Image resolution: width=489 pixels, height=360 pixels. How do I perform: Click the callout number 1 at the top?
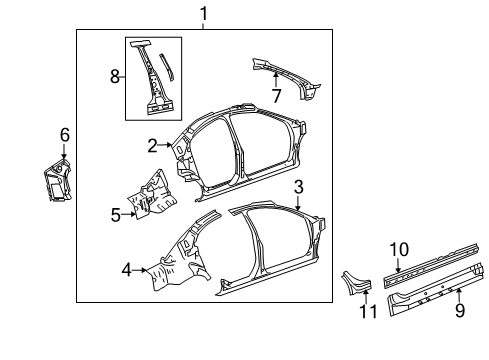click(204, 14)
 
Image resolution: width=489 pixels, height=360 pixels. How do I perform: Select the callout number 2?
click(153, 146)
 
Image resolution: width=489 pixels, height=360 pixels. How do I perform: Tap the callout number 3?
click(298, 187)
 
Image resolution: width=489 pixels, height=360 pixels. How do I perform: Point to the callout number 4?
click(127, 268)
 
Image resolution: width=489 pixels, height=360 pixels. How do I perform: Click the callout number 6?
click(65, 134)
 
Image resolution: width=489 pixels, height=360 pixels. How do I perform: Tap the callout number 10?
click(398, 248)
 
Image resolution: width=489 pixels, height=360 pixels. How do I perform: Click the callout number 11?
click(364, 311)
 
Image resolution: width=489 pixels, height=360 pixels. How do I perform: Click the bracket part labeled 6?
click(55, 180)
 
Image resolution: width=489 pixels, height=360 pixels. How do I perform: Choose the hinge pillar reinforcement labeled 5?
click(148, 195)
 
